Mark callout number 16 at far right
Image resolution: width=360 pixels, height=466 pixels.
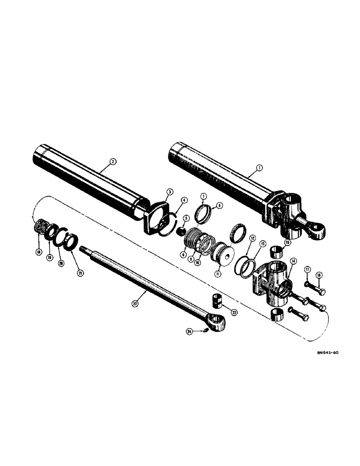tap(319, 275)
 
